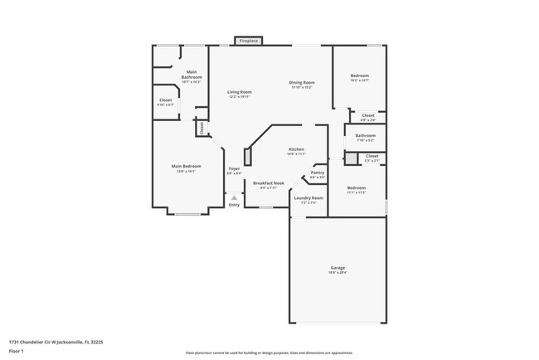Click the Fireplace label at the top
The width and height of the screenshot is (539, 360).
(x=248, y=41)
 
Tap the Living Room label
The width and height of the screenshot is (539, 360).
(x=240, y=92)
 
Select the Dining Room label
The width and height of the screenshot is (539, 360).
(x=302, y=82)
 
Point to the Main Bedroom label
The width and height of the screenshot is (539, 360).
(x=187, y=166)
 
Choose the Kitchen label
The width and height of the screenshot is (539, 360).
(x=296, y=149)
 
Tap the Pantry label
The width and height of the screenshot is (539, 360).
(x=318, y=173)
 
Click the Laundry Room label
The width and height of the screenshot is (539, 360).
(x=308, y=197)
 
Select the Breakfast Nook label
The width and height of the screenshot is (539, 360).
(x=269, y=182)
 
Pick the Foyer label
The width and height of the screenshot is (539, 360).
(x=235, y=168)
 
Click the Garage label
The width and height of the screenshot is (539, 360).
(x=338, y=268)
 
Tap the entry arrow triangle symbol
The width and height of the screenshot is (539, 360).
(x=235, y=197)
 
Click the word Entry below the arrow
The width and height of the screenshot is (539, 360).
(x=235, y=205)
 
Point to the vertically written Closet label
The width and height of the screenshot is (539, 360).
(x=201, y=128)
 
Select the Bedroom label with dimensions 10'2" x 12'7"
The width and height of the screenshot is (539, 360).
(x=359, y=75)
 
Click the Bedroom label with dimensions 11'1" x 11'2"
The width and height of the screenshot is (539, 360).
(x=357, y=187)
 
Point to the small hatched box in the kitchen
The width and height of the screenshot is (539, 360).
(x=246, y=158)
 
